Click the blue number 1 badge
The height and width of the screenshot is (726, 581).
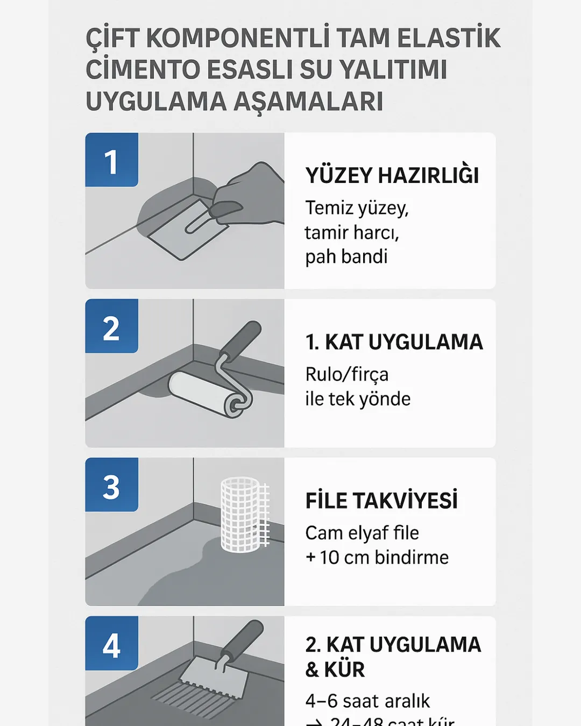111,160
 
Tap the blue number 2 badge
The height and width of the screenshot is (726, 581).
111,326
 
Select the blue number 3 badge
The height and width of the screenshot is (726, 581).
111,485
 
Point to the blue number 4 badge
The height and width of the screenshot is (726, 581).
111,644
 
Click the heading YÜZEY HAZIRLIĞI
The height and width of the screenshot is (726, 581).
392,176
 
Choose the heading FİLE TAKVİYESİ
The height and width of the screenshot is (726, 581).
381,501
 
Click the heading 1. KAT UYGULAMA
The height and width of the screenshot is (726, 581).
394,343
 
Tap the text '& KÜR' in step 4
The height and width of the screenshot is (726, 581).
335,670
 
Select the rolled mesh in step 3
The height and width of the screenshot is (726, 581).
243,515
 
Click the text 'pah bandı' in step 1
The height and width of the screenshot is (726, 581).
346,257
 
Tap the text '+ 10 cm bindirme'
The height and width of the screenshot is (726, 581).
377,558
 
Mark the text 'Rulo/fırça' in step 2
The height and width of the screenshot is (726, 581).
346,374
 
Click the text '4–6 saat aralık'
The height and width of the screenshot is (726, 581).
367,701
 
